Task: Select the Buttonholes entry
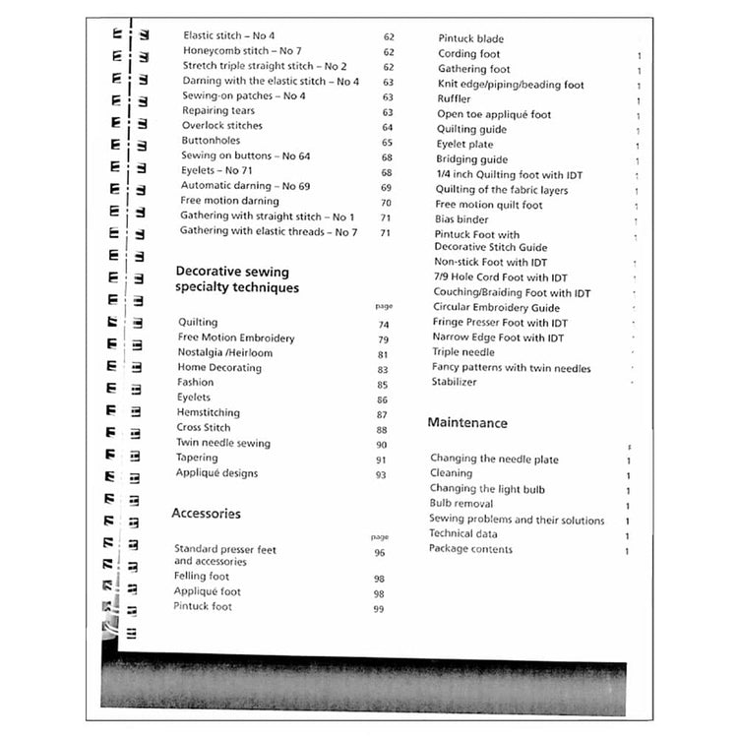211,141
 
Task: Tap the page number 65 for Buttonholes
388,142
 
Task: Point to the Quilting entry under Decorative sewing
198,323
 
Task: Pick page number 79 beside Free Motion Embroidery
383,339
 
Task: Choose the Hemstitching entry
208,413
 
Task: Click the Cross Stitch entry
203,428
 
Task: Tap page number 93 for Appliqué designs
381,474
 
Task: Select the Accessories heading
206,514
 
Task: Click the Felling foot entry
201,577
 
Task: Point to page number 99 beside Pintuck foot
378,609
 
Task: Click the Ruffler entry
454,99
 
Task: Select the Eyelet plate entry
464,145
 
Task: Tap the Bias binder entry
461,219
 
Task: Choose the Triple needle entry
463,352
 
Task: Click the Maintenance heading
467,423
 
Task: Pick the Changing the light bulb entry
487,489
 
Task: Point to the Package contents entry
470,549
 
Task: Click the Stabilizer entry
455,382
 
